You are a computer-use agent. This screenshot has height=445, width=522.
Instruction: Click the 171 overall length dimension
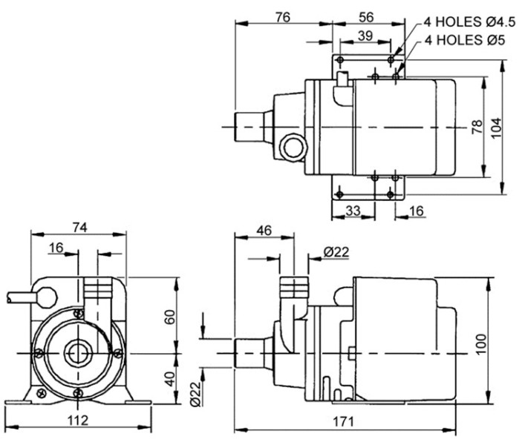point(342,421)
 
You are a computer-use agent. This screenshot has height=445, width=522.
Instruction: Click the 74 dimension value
point(79,228)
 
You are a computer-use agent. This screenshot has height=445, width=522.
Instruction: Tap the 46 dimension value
point(264,230)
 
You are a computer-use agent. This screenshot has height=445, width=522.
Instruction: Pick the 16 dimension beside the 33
point(416,211)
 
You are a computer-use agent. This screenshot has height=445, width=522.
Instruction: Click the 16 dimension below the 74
point(56,248)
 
